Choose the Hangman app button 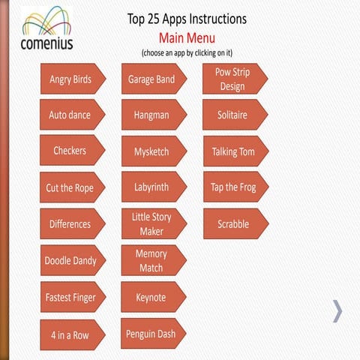(151, 115)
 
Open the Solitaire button (232, 115)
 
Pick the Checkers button (70, 151)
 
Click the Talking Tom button (232, 151)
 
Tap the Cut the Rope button (70, 187)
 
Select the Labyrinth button (151, 187)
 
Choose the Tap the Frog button (232, 187)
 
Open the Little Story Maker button (151, 224)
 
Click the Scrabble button (232, 224)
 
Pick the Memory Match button (151, 260)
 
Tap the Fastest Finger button (70, 297)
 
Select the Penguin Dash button (151, 333)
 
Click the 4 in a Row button (70, 335)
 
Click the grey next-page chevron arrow (337, 310)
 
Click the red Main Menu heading (187, 37)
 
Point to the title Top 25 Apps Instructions (187, 19)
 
